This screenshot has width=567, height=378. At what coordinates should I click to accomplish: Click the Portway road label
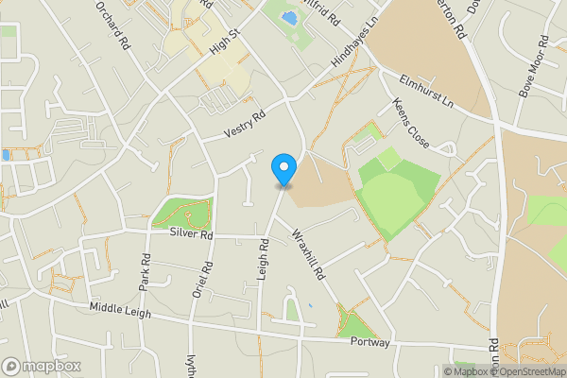[x=369, y=342]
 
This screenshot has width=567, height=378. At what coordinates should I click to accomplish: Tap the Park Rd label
[x=146, y=271]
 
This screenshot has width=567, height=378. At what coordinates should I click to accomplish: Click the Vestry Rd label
[x=245, y=125]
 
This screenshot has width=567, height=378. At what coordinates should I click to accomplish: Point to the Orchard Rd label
[x=111, y=23]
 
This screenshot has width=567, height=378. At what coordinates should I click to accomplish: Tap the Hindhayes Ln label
[x=354, y=43]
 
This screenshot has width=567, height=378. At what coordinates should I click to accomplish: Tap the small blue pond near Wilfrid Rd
[x=289, y=17]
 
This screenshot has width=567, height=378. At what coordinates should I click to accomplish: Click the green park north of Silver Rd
[x=175, y=214]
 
